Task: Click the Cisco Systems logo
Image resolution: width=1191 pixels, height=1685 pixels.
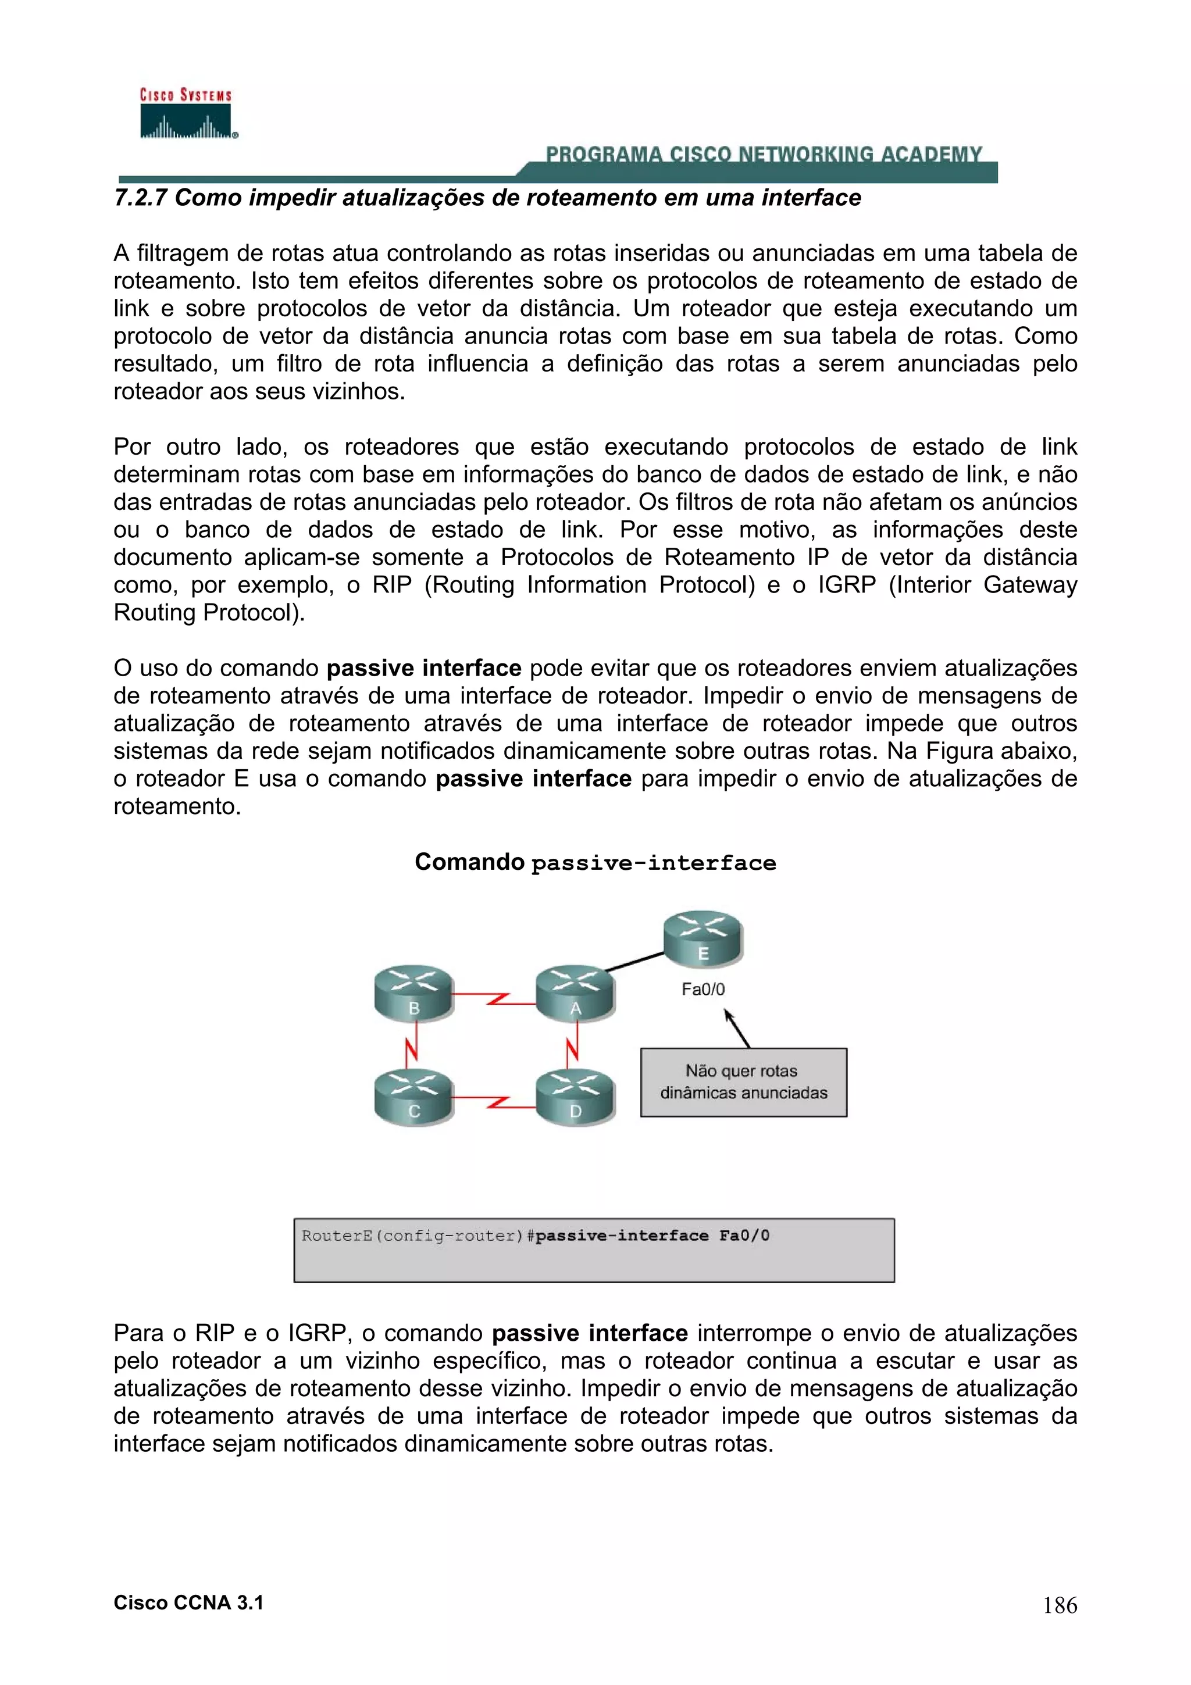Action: tap(187, 114)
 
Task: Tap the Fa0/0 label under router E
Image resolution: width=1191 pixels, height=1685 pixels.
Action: tap(703, 989)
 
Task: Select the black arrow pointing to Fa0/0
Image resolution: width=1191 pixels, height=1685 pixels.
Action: tap(737, 1028)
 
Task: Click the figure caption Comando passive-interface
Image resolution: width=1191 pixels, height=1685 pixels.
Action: tap(594, 862)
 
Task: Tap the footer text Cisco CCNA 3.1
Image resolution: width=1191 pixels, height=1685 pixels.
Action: tap(188, 1603)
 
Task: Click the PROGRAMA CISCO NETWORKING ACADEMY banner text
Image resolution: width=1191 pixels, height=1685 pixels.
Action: tap(763, 154)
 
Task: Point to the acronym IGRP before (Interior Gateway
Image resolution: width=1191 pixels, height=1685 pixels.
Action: tap(846, 585)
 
